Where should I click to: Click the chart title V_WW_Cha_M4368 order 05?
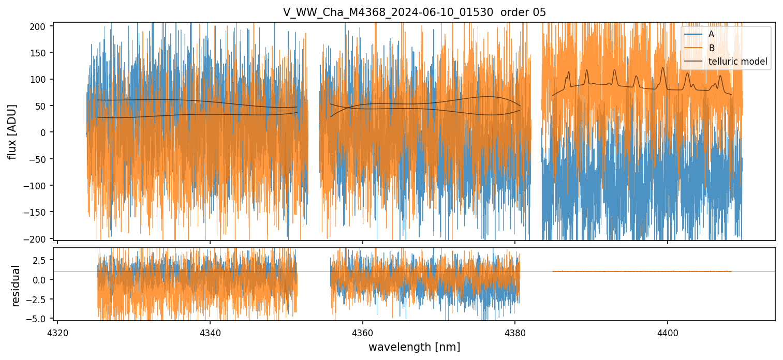point(414,12)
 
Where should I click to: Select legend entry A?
point(711,34)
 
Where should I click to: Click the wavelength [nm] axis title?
point(414,347)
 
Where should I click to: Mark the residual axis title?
point(16,286)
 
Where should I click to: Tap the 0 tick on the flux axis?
point(44,132)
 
